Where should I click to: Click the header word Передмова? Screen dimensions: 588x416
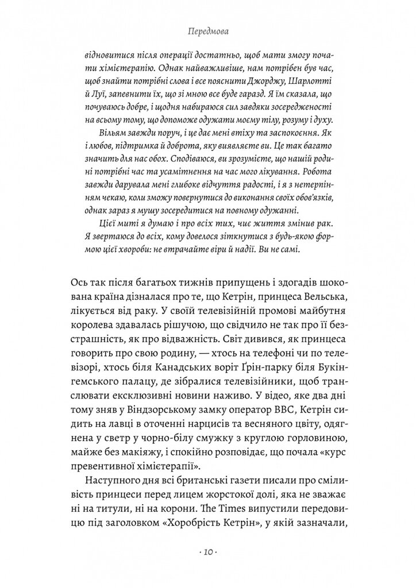(207, 34)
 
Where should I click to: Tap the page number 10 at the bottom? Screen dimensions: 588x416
(207, 552)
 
